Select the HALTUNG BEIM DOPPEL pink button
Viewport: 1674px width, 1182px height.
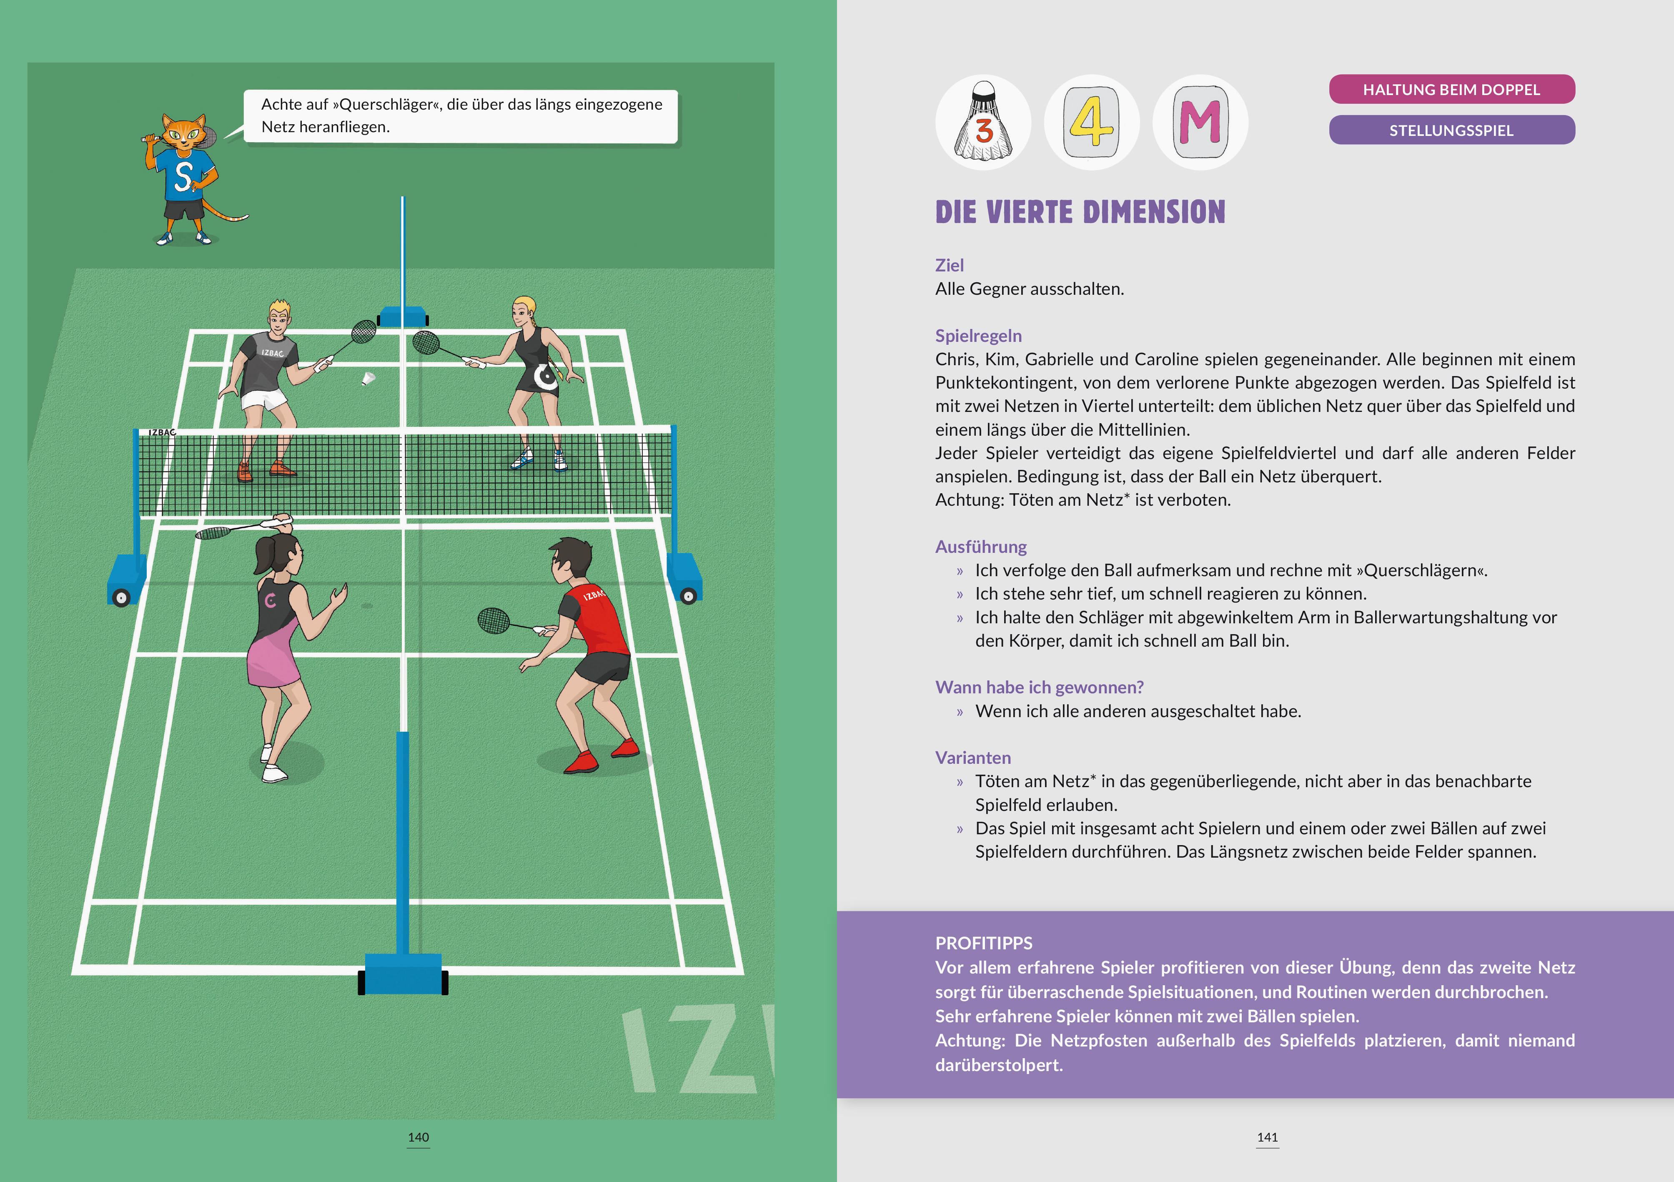click(x=1451, y=90)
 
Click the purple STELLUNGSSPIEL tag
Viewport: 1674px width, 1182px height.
click(x=1451, y=130)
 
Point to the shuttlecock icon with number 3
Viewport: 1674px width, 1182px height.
click(x=983, y=123)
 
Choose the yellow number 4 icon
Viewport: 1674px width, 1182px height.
click(x=1091, y=123)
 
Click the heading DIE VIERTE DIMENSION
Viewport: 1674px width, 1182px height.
click(x=1080, y=212)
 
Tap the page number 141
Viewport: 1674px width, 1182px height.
click(x=1267, y=1137)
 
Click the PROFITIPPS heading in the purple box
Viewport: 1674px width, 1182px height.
click(x=984, y=943)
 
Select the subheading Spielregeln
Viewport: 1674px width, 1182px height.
click(x=978, y=336)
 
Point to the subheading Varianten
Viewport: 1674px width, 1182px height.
click(x=972, y=758)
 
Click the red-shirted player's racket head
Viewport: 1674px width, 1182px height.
click(x=494, y=620)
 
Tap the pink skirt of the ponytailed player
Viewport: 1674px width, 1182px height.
click(x=273, y=660)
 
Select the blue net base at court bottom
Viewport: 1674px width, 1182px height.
click(x=403, y=974)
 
